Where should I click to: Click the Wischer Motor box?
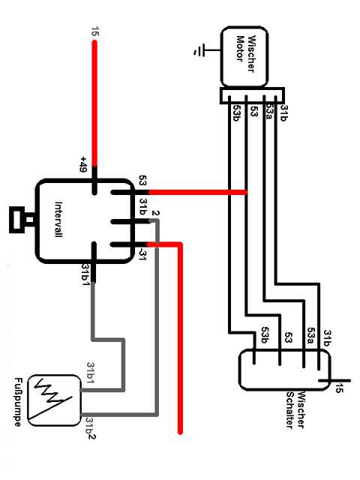(244, 57)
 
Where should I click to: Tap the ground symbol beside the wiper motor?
(199, 50)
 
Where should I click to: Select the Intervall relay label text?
(58, 219)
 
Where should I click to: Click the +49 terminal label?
(83, 163)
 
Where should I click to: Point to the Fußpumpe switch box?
(55, 400)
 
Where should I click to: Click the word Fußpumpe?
(18, 402)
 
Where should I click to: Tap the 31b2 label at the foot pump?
(90, 428)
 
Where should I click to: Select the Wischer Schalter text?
(295, 409)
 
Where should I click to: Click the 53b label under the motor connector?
(236, 113)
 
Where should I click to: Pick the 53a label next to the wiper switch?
(311, 336)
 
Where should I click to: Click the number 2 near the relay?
(155, 213)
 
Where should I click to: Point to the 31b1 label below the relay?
(85, 275)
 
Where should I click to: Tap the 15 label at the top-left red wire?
(95, 31)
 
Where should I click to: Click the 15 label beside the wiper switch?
(339, 388)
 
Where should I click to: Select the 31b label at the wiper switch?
(328, 337)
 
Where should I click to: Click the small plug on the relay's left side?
(22, 220)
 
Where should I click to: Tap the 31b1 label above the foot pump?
(91, 373)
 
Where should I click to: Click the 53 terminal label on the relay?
(142, 180)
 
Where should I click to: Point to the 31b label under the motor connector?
(283, 113)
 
